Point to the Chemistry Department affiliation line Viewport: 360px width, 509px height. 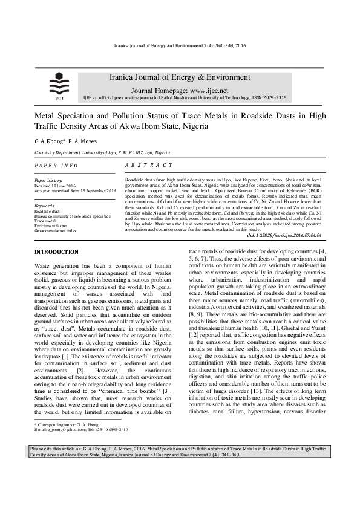click(x=102, y=154)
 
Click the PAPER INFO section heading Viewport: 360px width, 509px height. click(x=56, y=165)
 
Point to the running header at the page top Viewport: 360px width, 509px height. click(x=180, y=47)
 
